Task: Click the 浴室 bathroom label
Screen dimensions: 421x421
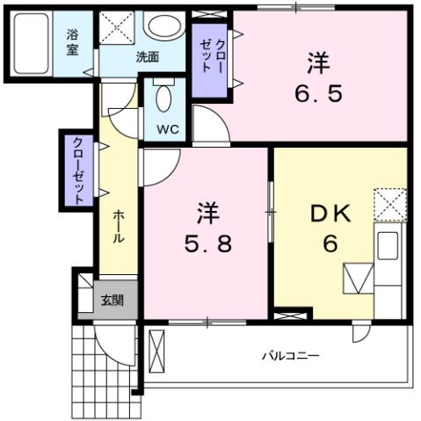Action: [x=72, y=43]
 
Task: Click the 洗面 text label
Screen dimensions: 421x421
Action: [x=147, y=57]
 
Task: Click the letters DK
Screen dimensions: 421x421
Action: [x=330, y=214]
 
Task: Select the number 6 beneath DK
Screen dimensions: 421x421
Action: [x=330, y=244]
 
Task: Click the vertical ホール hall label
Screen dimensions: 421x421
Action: [x=117, y=227]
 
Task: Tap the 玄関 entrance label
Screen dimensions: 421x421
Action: [x=112, y=301]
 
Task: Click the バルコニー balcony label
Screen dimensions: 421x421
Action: [x=289, y=357]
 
